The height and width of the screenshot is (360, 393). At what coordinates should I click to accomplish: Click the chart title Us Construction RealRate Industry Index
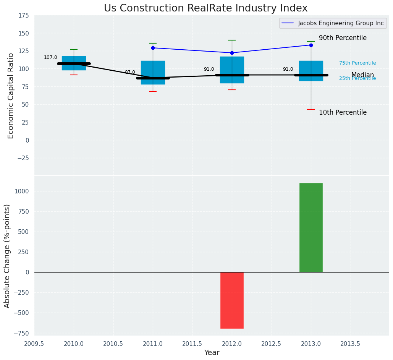coord(205,8)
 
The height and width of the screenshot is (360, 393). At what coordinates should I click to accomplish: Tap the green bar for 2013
coord(311,227)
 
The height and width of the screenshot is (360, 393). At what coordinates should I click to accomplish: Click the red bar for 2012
coord(232,300)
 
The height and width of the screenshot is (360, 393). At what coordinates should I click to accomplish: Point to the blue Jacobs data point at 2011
coord(153,48)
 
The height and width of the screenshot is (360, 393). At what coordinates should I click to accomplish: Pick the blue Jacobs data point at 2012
coord(232,53)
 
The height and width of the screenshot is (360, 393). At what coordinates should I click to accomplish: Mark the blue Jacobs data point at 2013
coord(311,45)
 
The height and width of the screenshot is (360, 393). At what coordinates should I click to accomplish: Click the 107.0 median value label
coord(50,57)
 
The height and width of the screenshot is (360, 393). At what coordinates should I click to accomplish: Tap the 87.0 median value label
coord(130,72)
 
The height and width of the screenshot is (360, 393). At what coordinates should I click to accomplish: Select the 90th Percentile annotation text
coord(343,38)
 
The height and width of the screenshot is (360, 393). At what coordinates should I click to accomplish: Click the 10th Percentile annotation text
coord(343,112)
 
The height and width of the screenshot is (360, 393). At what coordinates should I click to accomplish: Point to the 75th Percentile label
coord(357,63)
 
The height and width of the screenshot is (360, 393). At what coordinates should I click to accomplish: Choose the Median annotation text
coord(362,75)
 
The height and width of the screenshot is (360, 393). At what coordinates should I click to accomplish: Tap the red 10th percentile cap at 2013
coord(311,109)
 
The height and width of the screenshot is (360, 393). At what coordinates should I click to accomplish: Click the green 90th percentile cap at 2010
coord(74,49)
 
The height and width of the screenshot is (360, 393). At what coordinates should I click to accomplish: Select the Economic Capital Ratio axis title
coord(11,96)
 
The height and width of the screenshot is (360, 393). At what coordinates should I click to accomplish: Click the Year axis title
coord(212,353)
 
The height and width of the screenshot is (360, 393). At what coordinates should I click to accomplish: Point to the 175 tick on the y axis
coord(23,15)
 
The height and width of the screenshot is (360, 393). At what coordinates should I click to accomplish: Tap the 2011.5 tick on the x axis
coord(192,344)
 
